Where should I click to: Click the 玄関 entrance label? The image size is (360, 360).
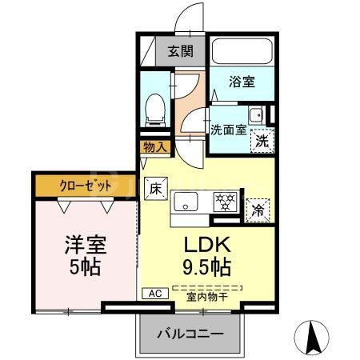click(180, 52)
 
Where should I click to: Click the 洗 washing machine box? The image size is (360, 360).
click(261, 139)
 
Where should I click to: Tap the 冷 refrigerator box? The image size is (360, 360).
click(258, 210)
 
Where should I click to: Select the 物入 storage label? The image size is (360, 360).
click(155, 146)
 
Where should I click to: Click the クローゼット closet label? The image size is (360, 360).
click(85, 185)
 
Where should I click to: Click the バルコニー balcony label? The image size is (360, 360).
click(190, 332)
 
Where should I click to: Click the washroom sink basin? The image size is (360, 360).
click(256, 115)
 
